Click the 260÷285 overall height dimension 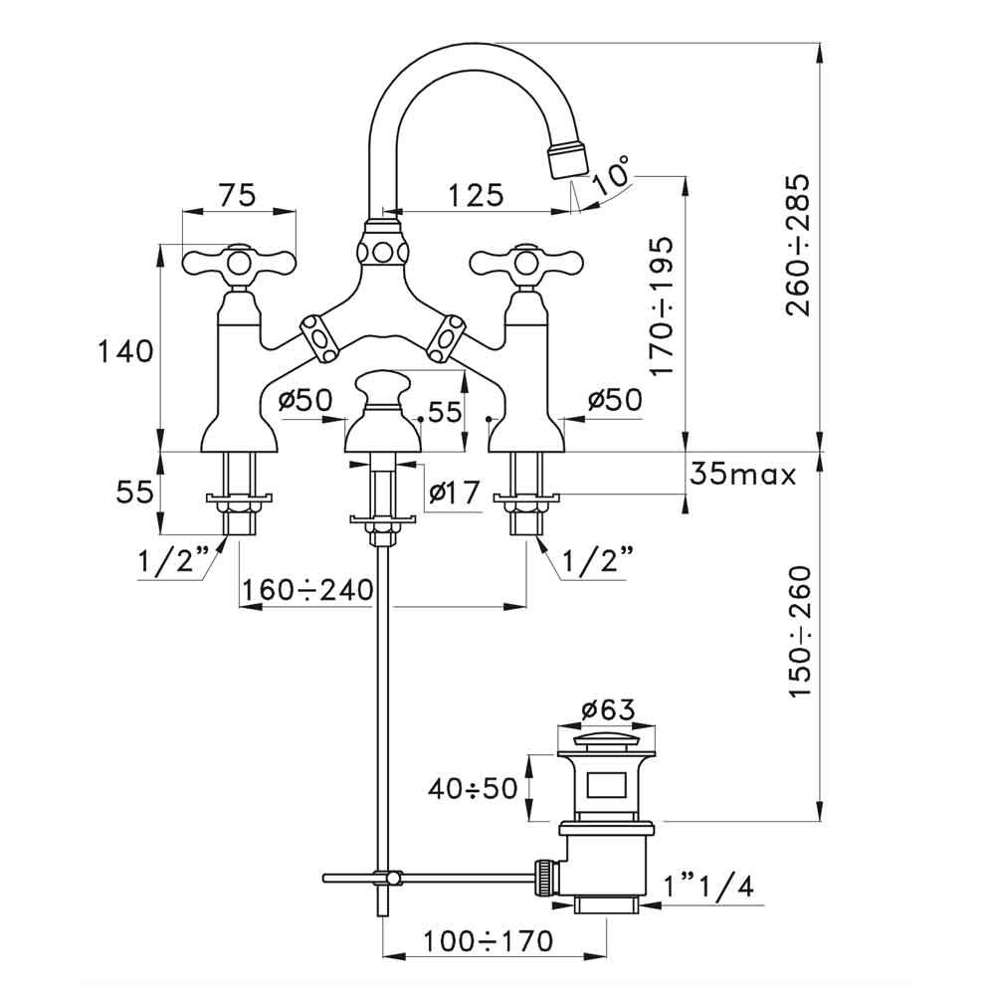pos(798,246)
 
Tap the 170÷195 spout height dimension pos(664,305)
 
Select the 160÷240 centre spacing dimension pos(305,590)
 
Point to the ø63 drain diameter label pos(607,709)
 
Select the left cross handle pos(238,264)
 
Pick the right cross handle pos(521,264)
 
